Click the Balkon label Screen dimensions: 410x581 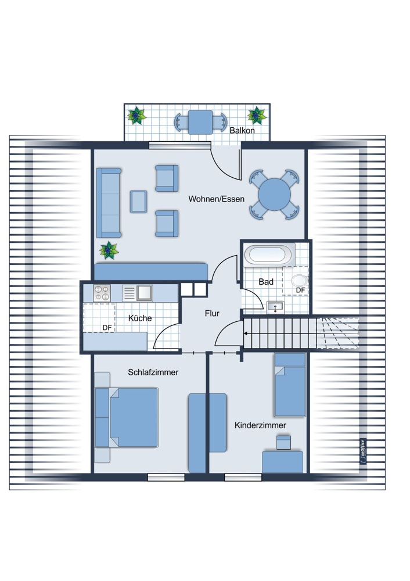point(242,130)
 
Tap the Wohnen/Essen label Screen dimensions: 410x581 point(216,199)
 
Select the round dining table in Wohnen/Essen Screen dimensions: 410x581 point(275,195)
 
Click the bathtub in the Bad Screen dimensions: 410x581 point(267,254)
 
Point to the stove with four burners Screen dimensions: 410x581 point(102,293)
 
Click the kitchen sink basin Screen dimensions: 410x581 point(144,293)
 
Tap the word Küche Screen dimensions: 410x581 point(140,318)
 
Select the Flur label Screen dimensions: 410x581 point(212,314)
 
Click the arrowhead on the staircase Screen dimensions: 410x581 point(246,333)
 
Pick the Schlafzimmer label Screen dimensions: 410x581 point(153,372)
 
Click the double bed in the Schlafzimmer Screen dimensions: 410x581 point(127,417)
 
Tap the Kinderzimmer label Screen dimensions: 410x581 point(260,425)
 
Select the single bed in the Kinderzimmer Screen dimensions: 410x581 point(290,385)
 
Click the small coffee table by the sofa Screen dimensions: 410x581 point(139,202)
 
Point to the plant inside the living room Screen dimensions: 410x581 point(109,250)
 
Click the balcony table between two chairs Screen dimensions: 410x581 point(200,122)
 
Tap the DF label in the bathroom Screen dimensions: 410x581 point(300,290)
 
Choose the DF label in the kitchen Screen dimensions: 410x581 point(107,328)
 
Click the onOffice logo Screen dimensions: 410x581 point(363,451)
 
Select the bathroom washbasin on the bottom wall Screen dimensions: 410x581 point(275,307)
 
